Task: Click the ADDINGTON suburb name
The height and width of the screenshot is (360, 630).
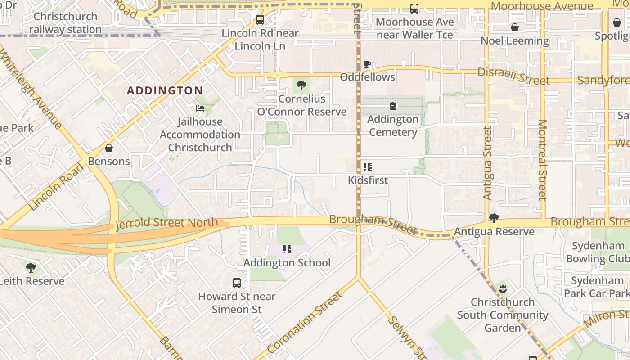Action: [x=165, y=90]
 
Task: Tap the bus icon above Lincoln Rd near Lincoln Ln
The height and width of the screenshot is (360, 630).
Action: [x=260, y=20]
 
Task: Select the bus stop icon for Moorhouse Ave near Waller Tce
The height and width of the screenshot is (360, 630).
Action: [x=414, y=9]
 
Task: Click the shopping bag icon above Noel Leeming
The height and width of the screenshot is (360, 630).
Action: [x=515, y=27]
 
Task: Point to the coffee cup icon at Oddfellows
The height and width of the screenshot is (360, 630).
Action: [x=367, y=64]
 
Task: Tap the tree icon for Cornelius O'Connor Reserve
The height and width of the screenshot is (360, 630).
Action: [x=301, y=85]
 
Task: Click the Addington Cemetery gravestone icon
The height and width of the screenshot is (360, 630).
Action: [x=393, y=106]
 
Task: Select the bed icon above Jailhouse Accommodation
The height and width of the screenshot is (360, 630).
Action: [x=200, y=108]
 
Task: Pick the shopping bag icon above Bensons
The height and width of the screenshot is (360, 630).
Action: [x=109, y=148]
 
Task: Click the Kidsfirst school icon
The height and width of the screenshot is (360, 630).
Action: [x=368, y=167]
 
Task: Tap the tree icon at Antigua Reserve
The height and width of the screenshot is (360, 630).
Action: [x=494, y=218]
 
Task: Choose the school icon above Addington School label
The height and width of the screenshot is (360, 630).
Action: [x=287, y=249]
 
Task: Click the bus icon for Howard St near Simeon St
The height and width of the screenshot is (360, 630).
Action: [x=237, y=283]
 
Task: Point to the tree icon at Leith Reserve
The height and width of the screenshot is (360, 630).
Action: [x=31, y=268]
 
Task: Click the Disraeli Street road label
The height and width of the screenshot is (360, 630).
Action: [x=513, y=76]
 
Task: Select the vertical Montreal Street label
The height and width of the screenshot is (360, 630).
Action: [x=542, y=160]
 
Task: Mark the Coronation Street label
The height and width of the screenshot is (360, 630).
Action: [x=305, y=322]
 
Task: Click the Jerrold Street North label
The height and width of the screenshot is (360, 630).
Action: [x=167, y=224]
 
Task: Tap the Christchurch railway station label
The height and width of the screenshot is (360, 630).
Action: [x=66, y=23]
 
